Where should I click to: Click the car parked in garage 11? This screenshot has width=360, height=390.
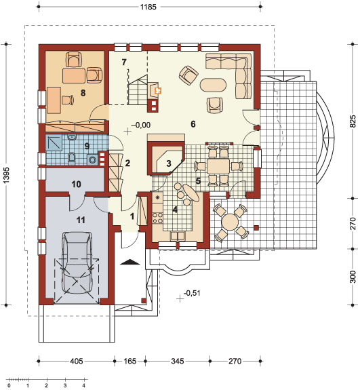click(76, 263)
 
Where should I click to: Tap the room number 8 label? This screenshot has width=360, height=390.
click(83, 93)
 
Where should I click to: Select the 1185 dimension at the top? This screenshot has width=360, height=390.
click(148, 7)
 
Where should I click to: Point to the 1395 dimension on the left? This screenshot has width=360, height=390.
click(6, 175)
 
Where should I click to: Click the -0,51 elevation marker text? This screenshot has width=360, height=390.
click(192, 293)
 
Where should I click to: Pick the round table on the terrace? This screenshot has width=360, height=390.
click(231, 221)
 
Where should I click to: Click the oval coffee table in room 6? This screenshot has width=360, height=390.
click(213, 85)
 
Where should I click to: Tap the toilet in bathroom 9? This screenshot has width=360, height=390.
click(71, 157)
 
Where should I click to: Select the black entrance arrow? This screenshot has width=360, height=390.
click(129, 262)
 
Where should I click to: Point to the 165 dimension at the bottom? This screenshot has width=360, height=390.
click(129, 361)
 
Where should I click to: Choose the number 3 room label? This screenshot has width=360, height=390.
click(169, 163)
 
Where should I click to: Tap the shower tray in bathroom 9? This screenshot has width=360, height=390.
click(54, 143)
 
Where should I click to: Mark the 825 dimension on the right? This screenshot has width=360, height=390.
click(353, 121)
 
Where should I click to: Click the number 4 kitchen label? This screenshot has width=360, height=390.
click(175, 210)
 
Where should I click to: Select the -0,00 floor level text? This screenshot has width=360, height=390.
click(141, 125)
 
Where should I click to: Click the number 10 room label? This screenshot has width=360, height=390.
click(76, 184)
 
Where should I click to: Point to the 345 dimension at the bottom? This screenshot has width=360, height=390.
click(178, 361)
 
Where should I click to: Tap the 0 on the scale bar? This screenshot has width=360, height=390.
click(9, 386)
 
